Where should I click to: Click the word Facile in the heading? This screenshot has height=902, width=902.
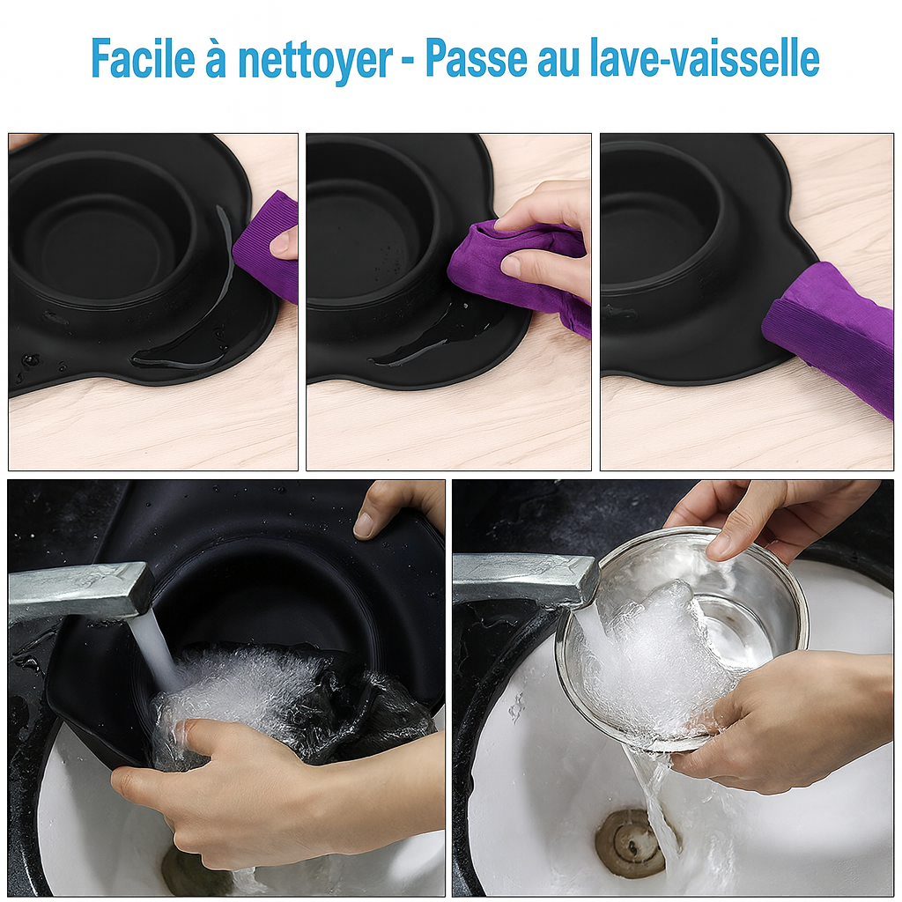coord(144,58)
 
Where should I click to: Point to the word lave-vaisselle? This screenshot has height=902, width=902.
coord(705,58)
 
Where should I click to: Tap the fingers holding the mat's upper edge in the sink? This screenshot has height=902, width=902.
coord(397,509)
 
